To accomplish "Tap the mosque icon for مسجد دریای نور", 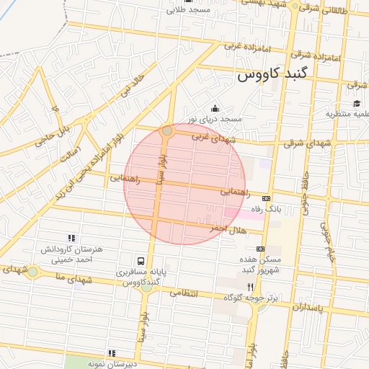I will point(214,108).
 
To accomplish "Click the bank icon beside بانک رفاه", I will point(267,197).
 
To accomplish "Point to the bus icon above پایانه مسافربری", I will point(140,261).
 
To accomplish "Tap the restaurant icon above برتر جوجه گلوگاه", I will point(250,286).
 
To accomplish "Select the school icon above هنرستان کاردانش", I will point(71,238).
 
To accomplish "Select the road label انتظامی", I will point(184,293).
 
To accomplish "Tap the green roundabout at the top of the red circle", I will point(167,130).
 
